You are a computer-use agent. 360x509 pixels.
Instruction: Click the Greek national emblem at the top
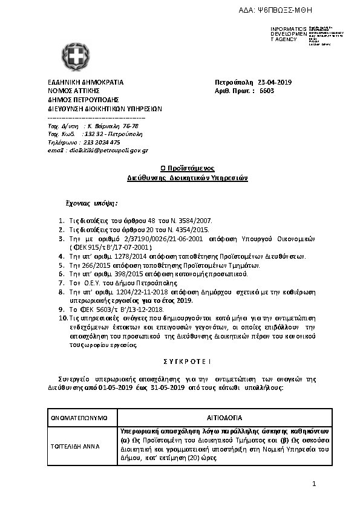(76, 57)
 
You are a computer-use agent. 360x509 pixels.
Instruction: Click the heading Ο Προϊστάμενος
(188, 169)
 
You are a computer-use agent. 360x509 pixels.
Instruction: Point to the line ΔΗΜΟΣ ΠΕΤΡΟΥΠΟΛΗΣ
(83, 100)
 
